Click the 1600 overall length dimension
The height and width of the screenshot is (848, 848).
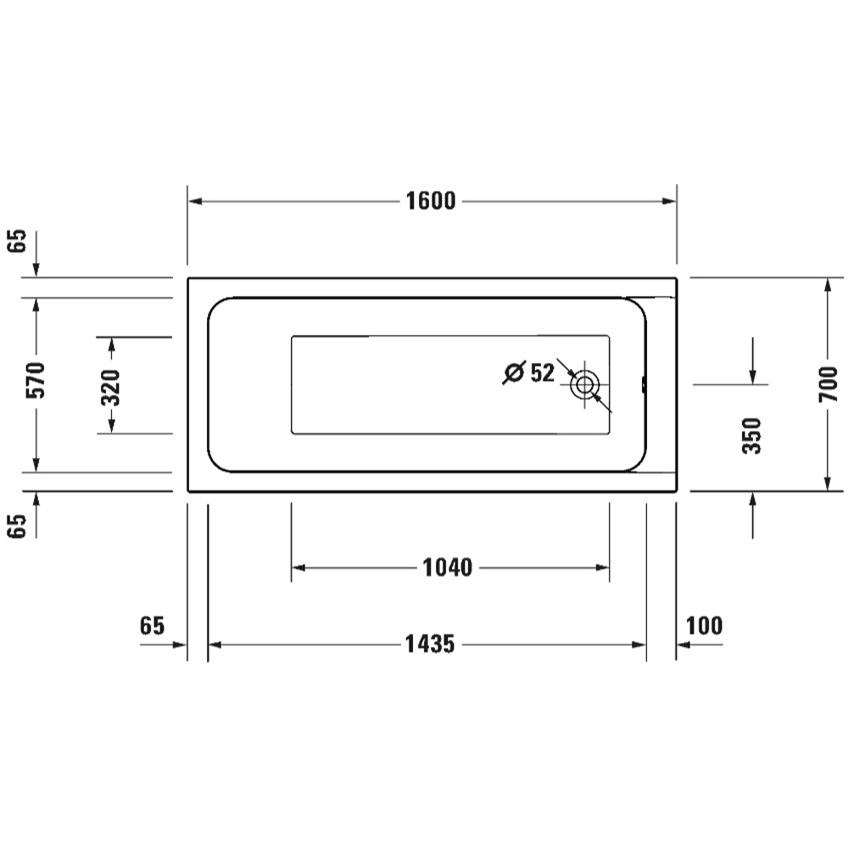[x=431, y=201]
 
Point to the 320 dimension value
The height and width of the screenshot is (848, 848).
[x=110, y=386]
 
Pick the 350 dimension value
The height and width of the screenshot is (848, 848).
[x=752, y=436]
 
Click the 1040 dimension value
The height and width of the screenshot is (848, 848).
[x=447, y=567]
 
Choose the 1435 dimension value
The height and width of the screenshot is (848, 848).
[x=431, y=644]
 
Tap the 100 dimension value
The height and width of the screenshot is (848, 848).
[x=704, y=627]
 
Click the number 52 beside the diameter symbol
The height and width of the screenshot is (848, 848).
[x=541, y=372]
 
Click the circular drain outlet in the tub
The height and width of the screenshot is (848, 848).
[x=583, y=384]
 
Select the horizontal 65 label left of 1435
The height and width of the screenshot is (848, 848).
[x=151, y=627]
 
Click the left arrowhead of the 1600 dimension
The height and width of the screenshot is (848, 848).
[x=194, y=201]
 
